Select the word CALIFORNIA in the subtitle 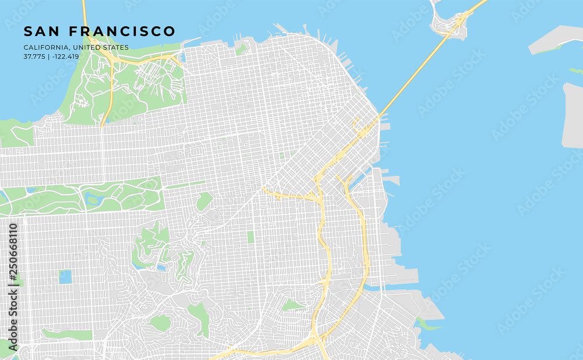[x=45, y=47]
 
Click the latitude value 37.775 [x=34, y=57]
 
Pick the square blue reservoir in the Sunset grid [x=65, y=276]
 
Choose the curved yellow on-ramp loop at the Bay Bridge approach [x=354, y=123]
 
